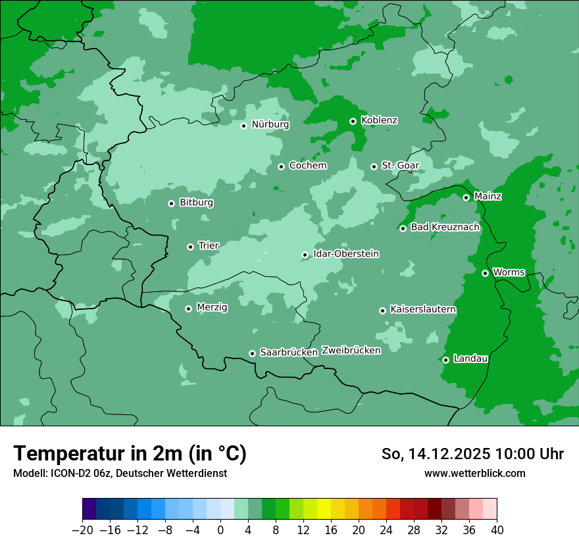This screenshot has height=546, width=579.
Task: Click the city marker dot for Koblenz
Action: pos(353,121)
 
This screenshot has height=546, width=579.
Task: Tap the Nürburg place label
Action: pos(270,124)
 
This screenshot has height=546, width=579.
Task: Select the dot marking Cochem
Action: pos(281,166)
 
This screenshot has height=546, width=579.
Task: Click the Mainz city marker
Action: pos(466,197)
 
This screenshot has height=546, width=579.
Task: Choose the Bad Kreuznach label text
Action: pos(445,228)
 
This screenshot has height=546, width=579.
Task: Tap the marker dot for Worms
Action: pos(485,273)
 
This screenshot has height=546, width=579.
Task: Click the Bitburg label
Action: pos(196,203)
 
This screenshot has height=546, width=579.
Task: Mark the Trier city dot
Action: pos(190,247)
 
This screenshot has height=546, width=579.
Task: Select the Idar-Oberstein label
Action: pos(345,254)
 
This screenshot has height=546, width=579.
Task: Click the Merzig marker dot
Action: pos(188,309)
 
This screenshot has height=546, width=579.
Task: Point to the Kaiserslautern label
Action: pos(423,310)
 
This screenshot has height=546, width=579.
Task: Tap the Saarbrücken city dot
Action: pos(252,353)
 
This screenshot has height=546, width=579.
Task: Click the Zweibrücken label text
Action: pos(351,351)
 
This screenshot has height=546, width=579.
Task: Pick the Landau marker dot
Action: pos(445,360)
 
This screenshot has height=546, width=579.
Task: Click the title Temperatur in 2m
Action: pos(130,454)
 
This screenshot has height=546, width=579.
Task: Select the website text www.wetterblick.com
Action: pos(474,474)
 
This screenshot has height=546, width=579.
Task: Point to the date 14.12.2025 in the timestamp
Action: pos(449,454)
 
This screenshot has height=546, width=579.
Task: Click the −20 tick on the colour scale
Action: pos(82,530)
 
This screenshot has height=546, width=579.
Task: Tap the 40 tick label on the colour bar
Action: pos(497,530)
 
